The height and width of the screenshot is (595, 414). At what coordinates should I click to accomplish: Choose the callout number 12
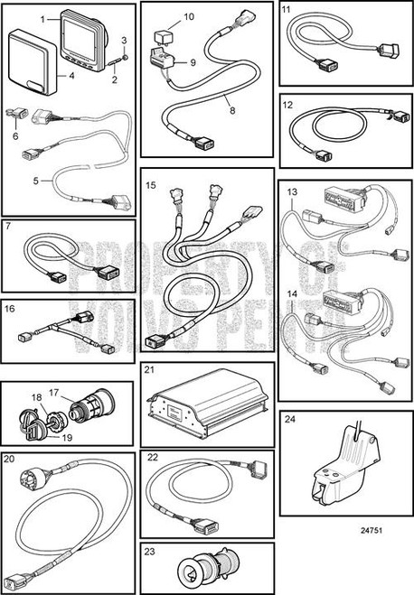pyautogui.click(x=287, y=105)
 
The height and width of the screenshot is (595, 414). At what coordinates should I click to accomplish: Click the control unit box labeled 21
pyautogui.click(x=205, y=402)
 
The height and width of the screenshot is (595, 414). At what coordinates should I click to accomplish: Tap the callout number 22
pyautogui.click(x=153, y=459)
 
